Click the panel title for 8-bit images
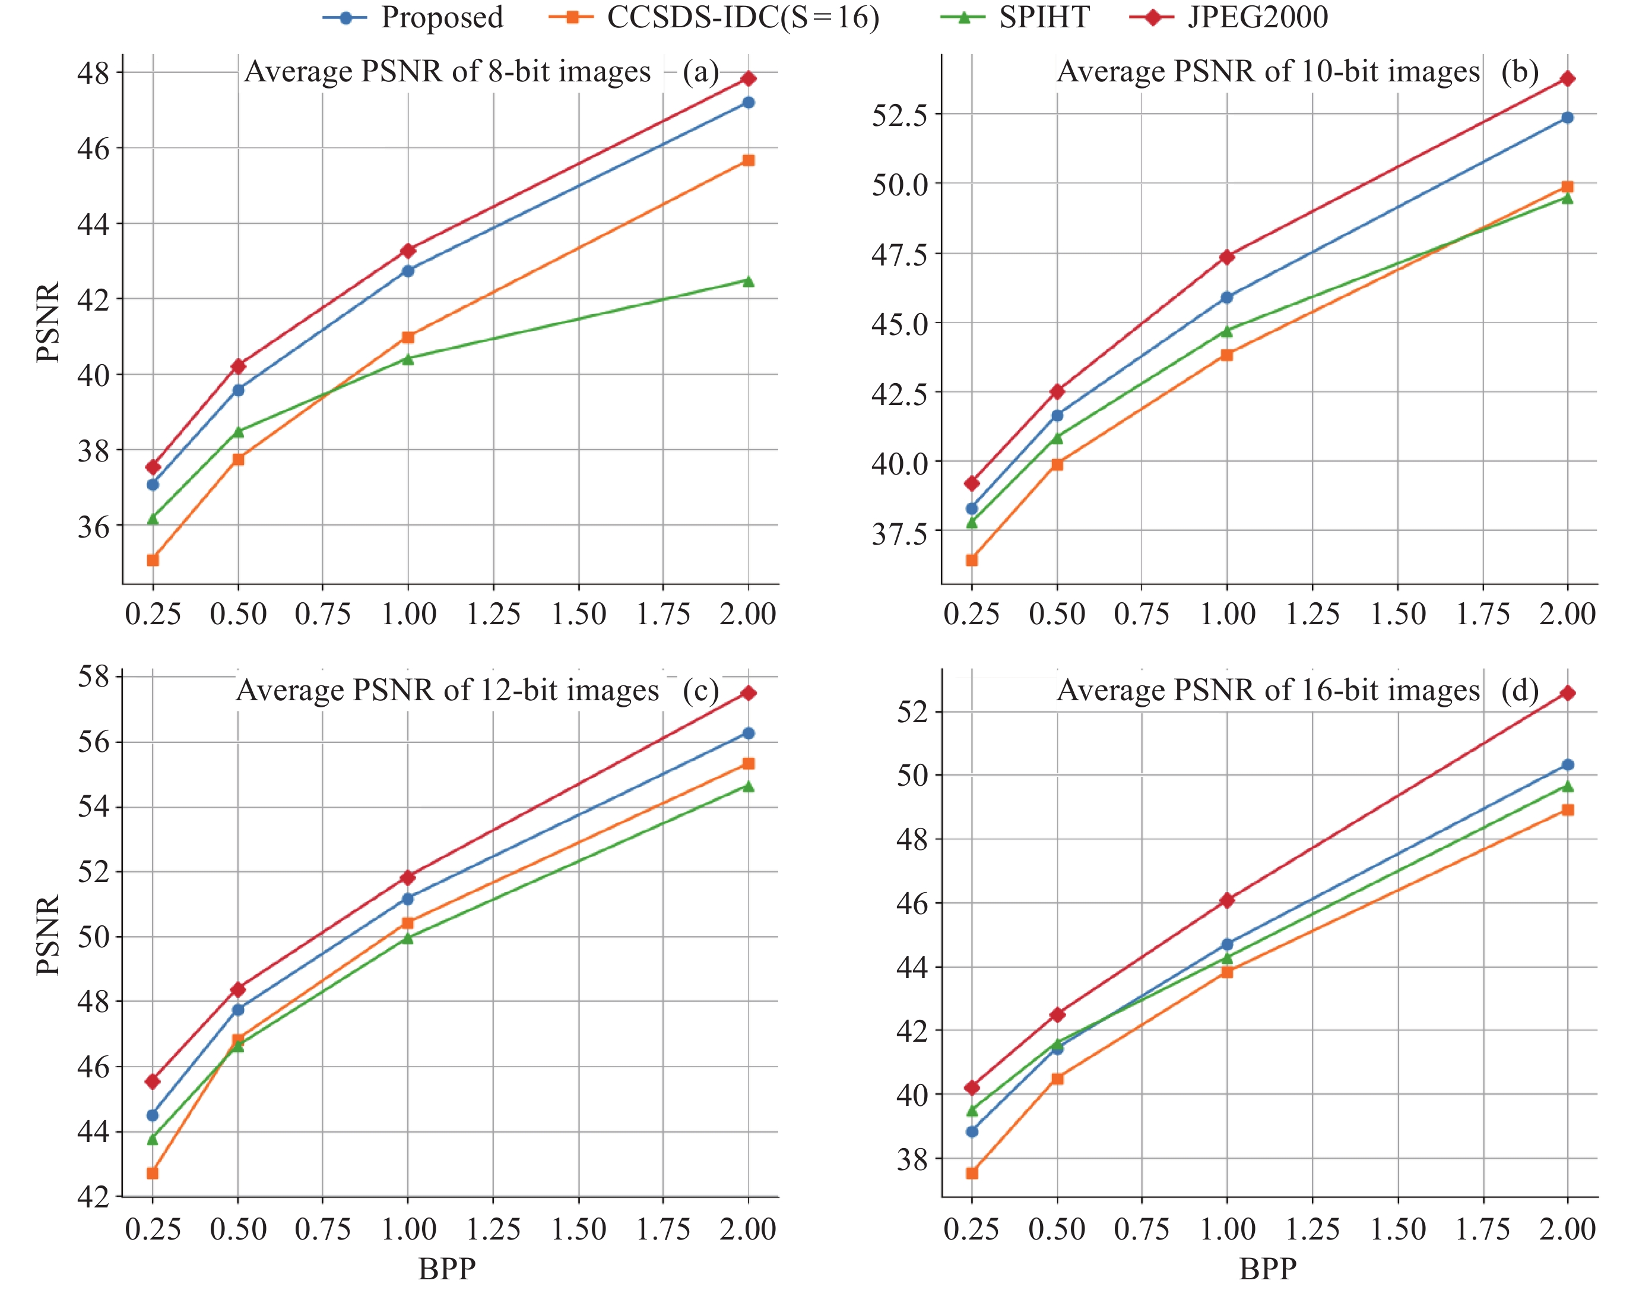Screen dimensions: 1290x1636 pos(447,72)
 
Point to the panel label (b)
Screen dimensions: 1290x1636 pos(1519,72)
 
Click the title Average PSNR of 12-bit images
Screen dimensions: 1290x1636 pos(447,690)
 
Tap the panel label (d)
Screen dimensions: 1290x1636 pos(1519,690)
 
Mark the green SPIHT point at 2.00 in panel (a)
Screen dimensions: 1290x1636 pos(748,281)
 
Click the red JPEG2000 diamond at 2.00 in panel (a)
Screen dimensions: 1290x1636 pos(748,78)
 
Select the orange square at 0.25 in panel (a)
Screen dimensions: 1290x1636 pos(153,559)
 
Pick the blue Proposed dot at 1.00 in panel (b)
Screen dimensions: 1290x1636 pos(1227,298)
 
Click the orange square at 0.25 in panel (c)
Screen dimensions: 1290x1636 pos(153,1173)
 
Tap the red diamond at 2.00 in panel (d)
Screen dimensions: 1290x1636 pos(1567,693)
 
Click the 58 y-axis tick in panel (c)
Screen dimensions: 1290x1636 pos(94,676)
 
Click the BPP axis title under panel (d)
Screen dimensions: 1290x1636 pos(1269,1269)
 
